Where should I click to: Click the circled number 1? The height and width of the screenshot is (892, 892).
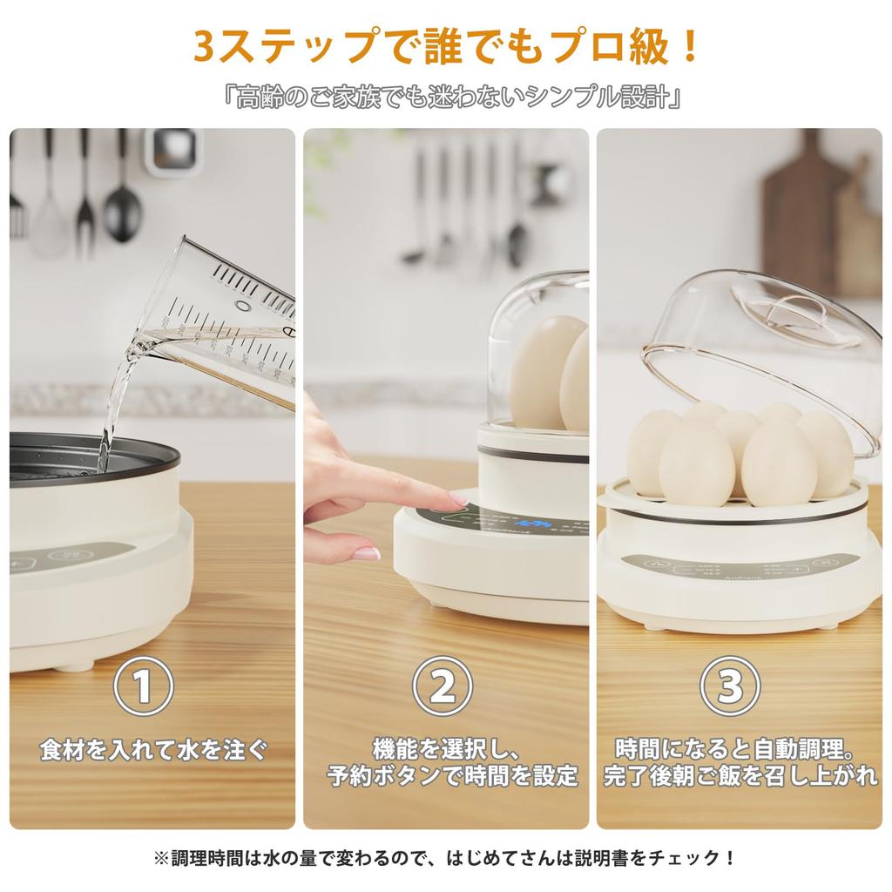pos(144,686)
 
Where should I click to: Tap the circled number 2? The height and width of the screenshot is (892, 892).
pos(442,686)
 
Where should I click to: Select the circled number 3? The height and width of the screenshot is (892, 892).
pos(730,686)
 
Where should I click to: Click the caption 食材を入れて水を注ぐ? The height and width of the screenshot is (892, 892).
pos(153,749)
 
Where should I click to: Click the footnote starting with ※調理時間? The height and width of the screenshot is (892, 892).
pos(446,858)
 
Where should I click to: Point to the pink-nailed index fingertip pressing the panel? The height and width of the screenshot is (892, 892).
pos(457,499)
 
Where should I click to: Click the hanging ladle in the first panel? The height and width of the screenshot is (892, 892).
pos(123,200)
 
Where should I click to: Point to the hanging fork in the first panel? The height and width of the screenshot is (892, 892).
pos(84,196)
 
